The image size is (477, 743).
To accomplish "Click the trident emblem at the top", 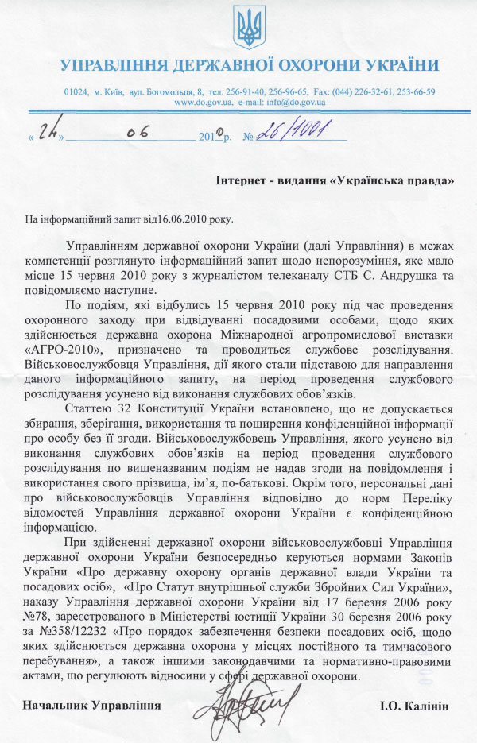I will (x=249, y=29).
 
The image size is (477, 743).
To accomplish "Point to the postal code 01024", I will (x=76, y=92).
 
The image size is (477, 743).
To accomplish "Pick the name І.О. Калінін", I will (x=418, y=705).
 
